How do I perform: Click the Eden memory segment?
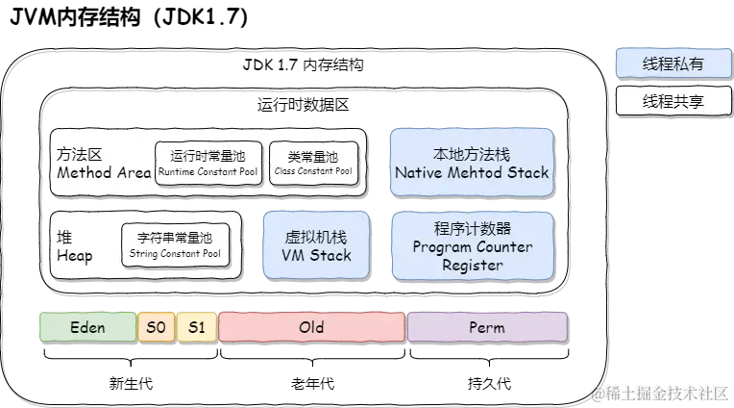[x=87, y=327]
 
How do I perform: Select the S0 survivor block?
[x=157, y=327]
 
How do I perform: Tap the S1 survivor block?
[x=197, y=327]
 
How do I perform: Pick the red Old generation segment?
[x=311, y=327]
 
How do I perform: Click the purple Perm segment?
[x=487, y=327]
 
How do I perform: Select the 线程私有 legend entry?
[x=673, y=64]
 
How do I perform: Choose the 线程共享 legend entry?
[x=673, y=101]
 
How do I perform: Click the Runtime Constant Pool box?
[x=208, y=164]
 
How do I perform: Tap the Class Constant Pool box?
[x=312, y=164]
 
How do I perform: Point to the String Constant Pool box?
[x=175, y=246]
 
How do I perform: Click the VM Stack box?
[x=316, y=246]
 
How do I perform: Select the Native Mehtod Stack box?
[x=472, y=164]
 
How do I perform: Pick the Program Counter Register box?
[x=472, y=246]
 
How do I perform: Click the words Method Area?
[x=104, y=173]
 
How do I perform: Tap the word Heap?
[x=75, y=256]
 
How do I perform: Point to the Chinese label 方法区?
[x=80, y=154]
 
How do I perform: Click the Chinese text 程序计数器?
[x=472, y=228]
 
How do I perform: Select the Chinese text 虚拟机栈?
[x=316, y=237]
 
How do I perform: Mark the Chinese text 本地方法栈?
[x=472, y=154]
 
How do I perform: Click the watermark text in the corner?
[x=660, y=393]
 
